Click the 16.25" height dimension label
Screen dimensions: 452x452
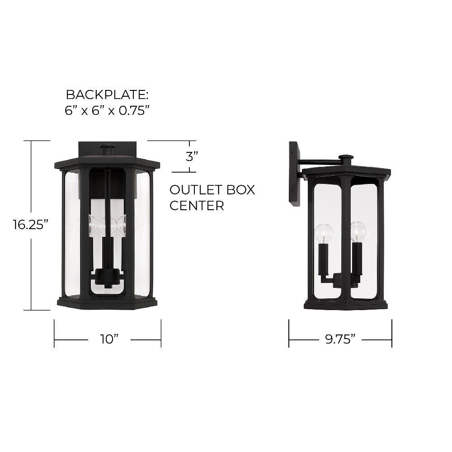coord(30,225)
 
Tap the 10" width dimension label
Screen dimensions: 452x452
coord(109,339)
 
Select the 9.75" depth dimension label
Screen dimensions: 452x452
coord(340,339)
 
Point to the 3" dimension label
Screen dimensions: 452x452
coord(192,157)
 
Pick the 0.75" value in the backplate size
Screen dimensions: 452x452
coord(134,110)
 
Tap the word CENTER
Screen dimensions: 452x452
coord(197,206)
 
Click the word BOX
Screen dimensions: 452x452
coord(241,190)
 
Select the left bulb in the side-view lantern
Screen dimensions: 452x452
coord(324,233)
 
